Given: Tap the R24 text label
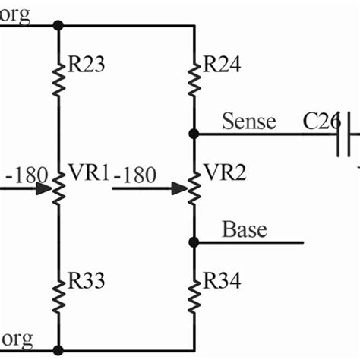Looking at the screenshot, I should click(222, 65).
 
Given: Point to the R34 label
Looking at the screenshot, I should click(222, 283).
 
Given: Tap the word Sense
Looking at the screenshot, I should click(248, 121).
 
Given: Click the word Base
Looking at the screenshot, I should click(244, 229).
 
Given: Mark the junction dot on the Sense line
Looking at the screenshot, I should click(194, 134).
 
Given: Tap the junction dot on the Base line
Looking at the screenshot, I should click(194, 242).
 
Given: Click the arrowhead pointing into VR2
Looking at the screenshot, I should click(179, 187).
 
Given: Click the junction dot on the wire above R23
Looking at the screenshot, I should click(58, 25).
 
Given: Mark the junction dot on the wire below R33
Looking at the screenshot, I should click(58, 350).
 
